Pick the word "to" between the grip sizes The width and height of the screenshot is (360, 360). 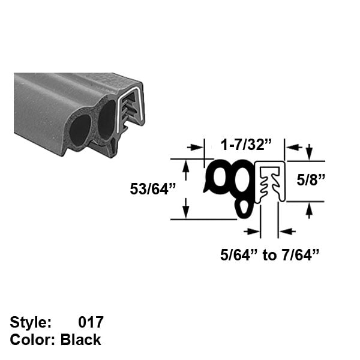click(269, 256)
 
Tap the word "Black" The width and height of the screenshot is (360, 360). click(81, 340)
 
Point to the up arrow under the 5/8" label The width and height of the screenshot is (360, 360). click(308, 209)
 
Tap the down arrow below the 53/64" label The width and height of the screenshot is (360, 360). click(185, 211)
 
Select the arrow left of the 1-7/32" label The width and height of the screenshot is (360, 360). click(195, 146)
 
